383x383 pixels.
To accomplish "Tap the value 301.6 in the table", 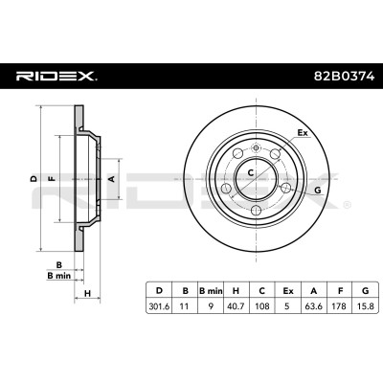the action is [159, 306].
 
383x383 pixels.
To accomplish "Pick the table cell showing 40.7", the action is [236, 306].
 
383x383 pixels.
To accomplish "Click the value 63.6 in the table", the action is [314, 306].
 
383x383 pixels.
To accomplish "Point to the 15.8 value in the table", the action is [366, 306].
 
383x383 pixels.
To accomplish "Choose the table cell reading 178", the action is [339, 306].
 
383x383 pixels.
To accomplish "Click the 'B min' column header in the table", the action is [211, 291].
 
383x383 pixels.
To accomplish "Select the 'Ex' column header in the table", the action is [288, 291].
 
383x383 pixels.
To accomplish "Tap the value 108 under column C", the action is [262, 306].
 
